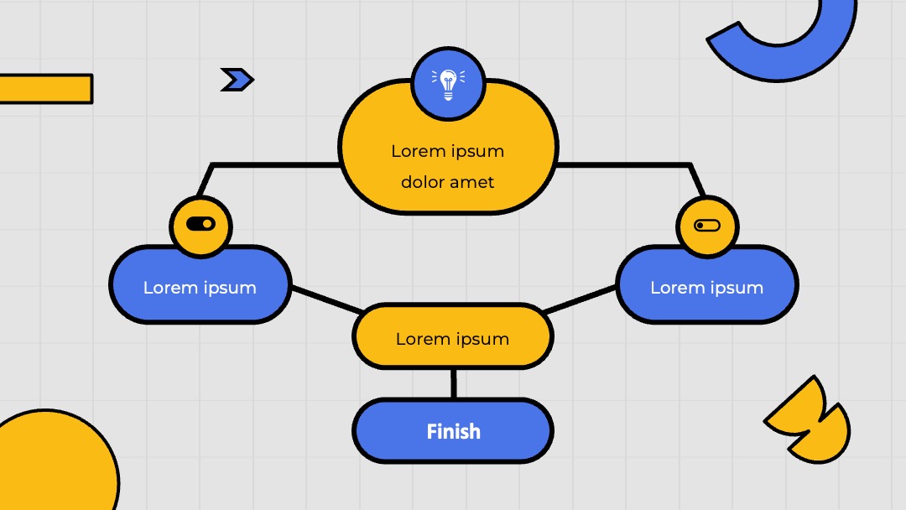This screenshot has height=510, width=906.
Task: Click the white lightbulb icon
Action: [448, 85]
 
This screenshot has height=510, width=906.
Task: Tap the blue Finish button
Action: [453, 430]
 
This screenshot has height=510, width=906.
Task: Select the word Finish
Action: [453, 431]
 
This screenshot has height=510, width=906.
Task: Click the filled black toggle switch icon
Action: [200, 223]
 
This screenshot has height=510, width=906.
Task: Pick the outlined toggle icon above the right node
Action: [706, 226]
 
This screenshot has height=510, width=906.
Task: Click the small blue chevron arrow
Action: [237, 80]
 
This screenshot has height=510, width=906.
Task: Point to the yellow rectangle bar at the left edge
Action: [45, 89]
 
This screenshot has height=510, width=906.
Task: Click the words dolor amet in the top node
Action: [447, 182]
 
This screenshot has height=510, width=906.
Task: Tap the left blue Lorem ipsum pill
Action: [200, 284]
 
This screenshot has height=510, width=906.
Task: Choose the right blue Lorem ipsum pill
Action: [707, 284]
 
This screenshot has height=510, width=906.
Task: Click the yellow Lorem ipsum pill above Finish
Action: [453, 336]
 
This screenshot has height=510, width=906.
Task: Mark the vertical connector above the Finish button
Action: [454, 383]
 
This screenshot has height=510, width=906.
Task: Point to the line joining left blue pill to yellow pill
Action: [327, 299]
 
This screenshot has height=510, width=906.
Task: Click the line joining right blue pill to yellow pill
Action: [580, 299]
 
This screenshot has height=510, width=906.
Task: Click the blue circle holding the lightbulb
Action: [448, 84]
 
